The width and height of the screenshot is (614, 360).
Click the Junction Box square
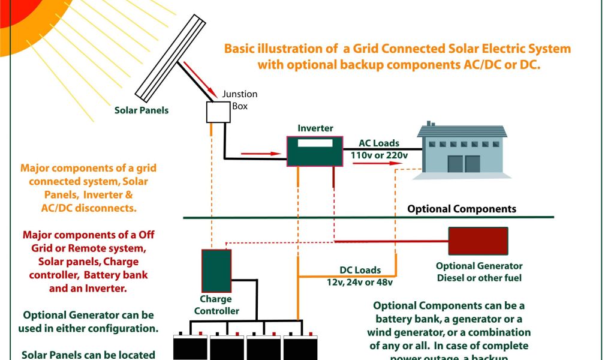coord(218,112)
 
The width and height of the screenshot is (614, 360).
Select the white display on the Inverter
coord(315,144)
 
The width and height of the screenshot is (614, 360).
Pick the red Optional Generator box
coord(478,241)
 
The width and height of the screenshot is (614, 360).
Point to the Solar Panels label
coord(142,110)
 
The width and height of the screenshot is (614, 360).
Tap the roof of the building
coord(462,131)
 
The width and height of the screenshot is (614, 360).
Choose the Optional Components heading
coord(462,209)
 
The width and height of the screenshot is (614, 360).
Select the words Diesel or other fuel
coord(479,278)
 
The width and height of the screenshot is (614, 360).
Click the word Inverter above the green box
coord(315,128)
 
